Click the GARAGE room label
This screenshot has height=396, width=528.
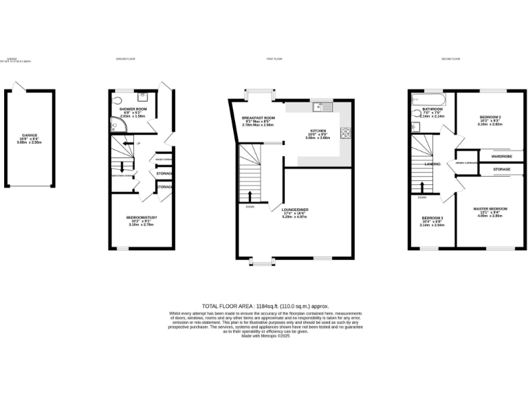[x=29, y=135]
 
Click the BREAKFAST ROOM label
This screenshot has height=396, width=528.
[x=258, y=118]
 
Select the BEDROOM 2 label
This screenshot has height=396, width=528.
[x=490, y=118]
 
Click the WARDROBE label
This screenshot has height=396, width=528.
[x=501, y=157]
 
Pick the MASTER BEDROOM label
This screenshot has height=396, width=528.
[x=490, y=208]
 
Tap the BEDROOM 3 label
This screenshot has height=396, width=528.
[x=432, y=219]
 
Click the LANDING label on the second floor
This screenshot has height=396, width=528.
[x=432, y=164]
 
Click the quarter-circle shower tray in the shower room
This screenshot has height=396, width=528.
[x=115, y=124]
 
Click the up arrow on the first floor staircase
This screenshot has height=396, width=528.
[x=249, y=186]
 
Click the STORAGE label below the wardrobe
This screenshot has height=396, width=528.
[x=501, y=168]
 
